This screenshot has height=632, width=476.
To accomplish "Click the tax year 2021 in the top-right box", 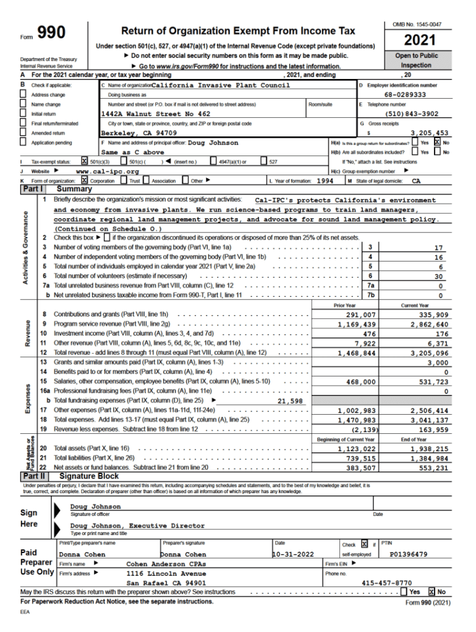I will point(420,41).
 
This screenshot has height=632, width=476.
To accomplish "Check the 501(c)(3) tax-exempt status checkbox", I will point(85,162).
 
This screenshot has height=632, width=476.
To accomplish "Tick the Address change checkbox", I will point(23,95).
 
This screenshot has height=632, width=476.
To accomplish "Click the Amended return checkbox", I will point(23,133).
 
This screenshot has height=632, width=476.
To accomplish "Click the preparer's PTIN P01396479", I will point(408,554).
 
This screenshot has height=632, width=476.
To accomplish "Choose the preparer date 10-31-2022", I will point(294,554).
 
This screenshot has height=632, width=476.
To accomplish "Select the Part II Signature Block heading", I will point(88,476).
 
